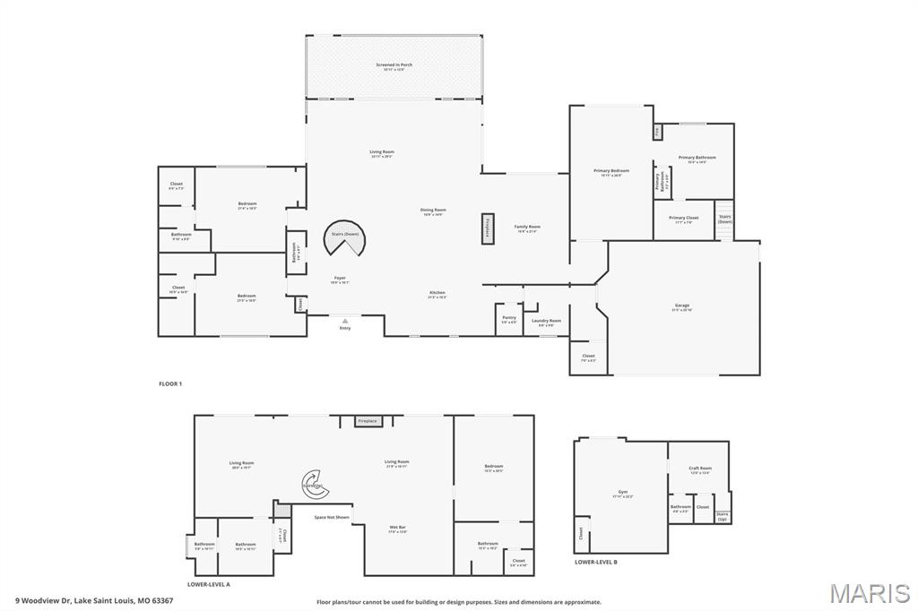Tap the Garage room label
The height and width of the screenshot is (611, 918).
pyautogui.click(x=682, y=307)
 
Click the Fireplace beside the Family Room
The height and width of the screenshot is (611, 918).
pyautogui.click(x=488, y=228)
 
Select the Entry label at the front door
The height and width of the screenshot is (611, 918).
pyautogui.click(x=345, y=329)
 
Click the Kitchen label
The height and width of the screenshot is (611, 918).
pyautogui.click(x=437, y=294)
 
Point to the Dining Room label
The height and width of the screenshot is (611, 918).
pyautogui.click(x=433, y=211)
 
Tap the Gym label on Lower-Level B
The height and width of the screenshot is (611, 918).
pyautogui.click(x=622, y=494)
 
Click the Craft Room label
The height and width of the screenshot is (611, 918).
pyautogui.click(x=699, y=469)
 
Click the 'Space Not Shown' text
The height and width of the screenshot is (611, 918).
pyautogui.click(x=332, y=517)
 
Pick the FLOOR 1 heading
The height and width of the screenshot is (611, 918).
pyautogui.click(x=170, y=383)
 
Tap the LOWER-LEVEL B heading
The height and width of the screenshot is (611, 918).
pyautogui.click(x=596, y=562)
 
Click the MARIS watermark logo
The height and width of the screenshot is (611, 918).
pyautogui.click(x=870, y=593)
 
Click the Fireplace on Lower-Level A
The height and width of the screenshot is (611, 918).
pyautogui.click(x=368, y=421)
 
